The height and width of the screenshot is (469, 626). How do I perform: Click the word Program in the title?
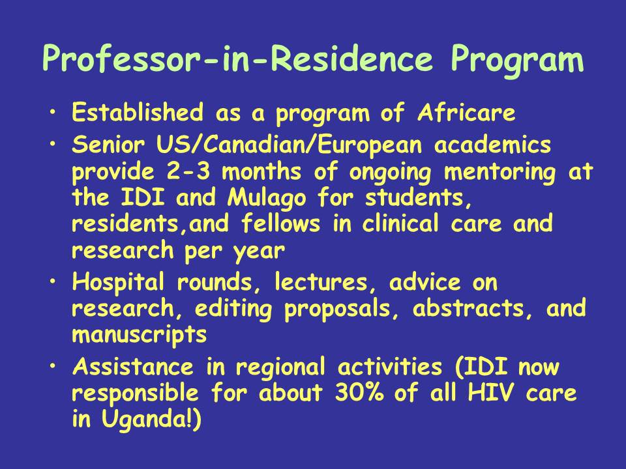[x=517, y=60]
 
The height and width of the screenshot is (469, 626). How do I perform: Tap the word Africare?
[x=466, y=112]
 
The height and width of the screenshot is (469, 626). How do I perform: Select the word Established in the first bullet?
[x=138, y=112]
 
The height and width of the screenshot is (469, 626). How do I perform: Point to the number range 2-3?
[x=188, y=172]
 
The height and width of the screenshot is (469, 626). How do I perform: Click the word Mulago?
[x=267, y=198]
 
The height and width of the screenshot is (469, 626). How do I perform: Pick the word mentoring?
[x=499, y=173]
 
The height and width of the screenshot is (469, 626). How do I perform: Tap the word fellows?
[x=280, y=223]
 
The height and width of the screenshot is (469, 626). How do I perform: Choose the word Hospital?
[x=118, y=283]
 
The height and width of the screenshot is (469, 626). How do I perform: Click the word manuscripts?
[x=140, y=335]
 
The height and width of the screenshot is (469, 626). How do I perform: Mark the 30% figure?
[x=359, y=393]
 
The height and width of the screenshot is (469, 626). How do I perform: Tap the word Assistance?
[x=133, y=367]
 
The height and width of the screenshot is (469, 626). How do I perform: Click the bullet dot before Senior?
[x=53, y=143]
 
